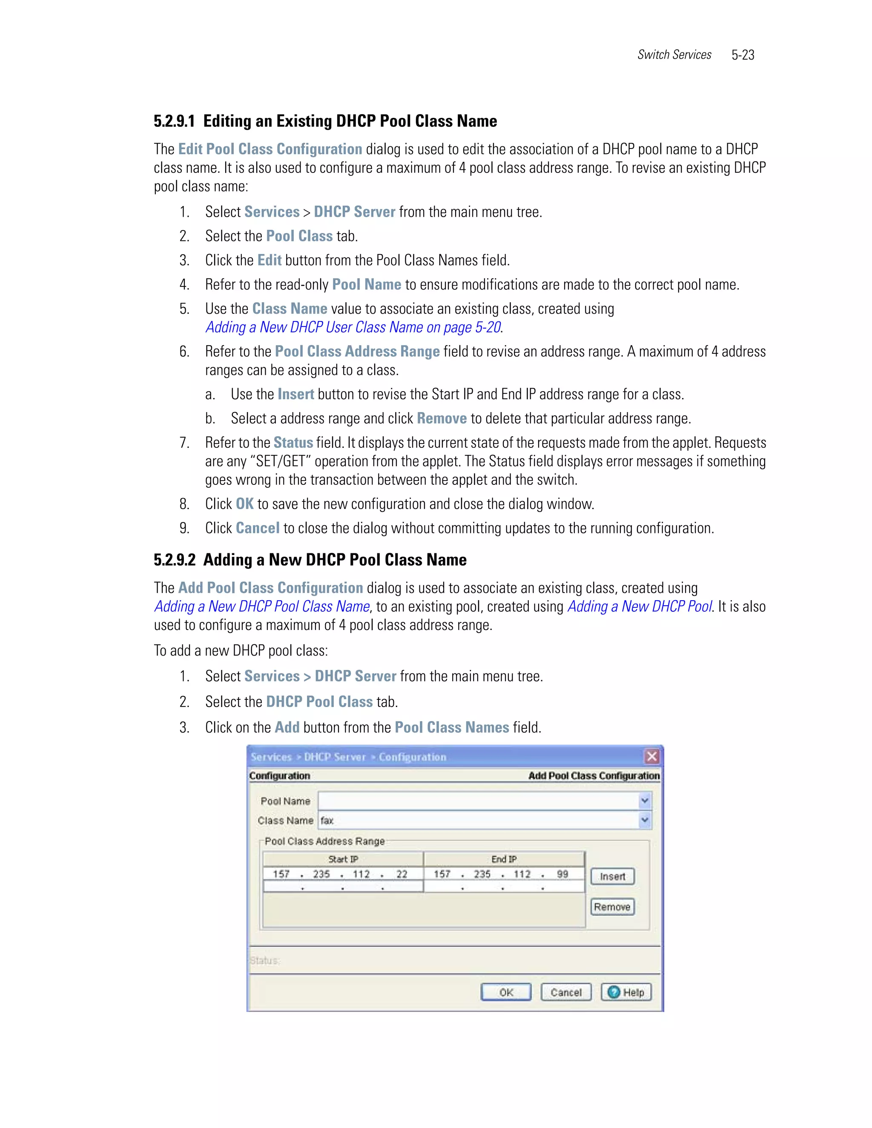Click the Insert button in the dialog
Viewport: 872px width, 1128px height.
click(612, 876)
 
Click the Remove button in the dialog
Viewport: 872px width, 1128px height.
click(612, 907)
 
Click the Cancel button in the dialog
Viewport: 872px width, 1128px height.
click(566, 992)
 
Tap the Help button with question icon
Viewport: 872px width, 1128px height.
click(626, 992)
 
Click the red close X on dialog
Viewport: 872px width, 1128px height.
click(652, 757)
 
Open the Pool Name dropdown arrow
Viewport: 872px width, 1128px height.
click(645, 801)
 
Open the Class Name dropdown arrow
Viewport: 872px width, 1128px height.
click(645, 820)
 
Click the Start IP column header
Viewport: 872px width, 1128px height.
click(343, 859)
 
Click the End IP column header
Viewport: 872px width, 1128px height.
click(504, 859)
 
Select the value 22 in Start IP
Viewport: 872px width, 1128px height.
click(402, 874)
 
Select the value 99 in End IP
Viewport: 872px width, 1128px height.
click(562, 874)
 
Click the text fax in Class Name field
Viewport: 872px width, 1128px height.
click(327, 820)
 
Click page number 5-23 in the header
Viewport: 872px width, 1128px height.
click(743, 55)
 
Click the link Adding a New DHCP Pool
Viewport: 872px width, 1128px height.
click(640, 606)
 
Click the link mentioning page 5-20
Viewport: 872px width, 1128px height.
click(353, 327)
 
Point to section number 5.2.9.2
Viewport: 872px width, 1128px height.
click(175, 560)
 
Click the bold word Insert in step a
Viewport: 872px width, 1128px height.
click(295, 394)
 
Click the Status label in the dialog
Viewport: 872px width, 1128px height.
click(264, 961)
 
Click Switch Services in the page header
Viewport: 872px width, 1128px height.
click(674, 55)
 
